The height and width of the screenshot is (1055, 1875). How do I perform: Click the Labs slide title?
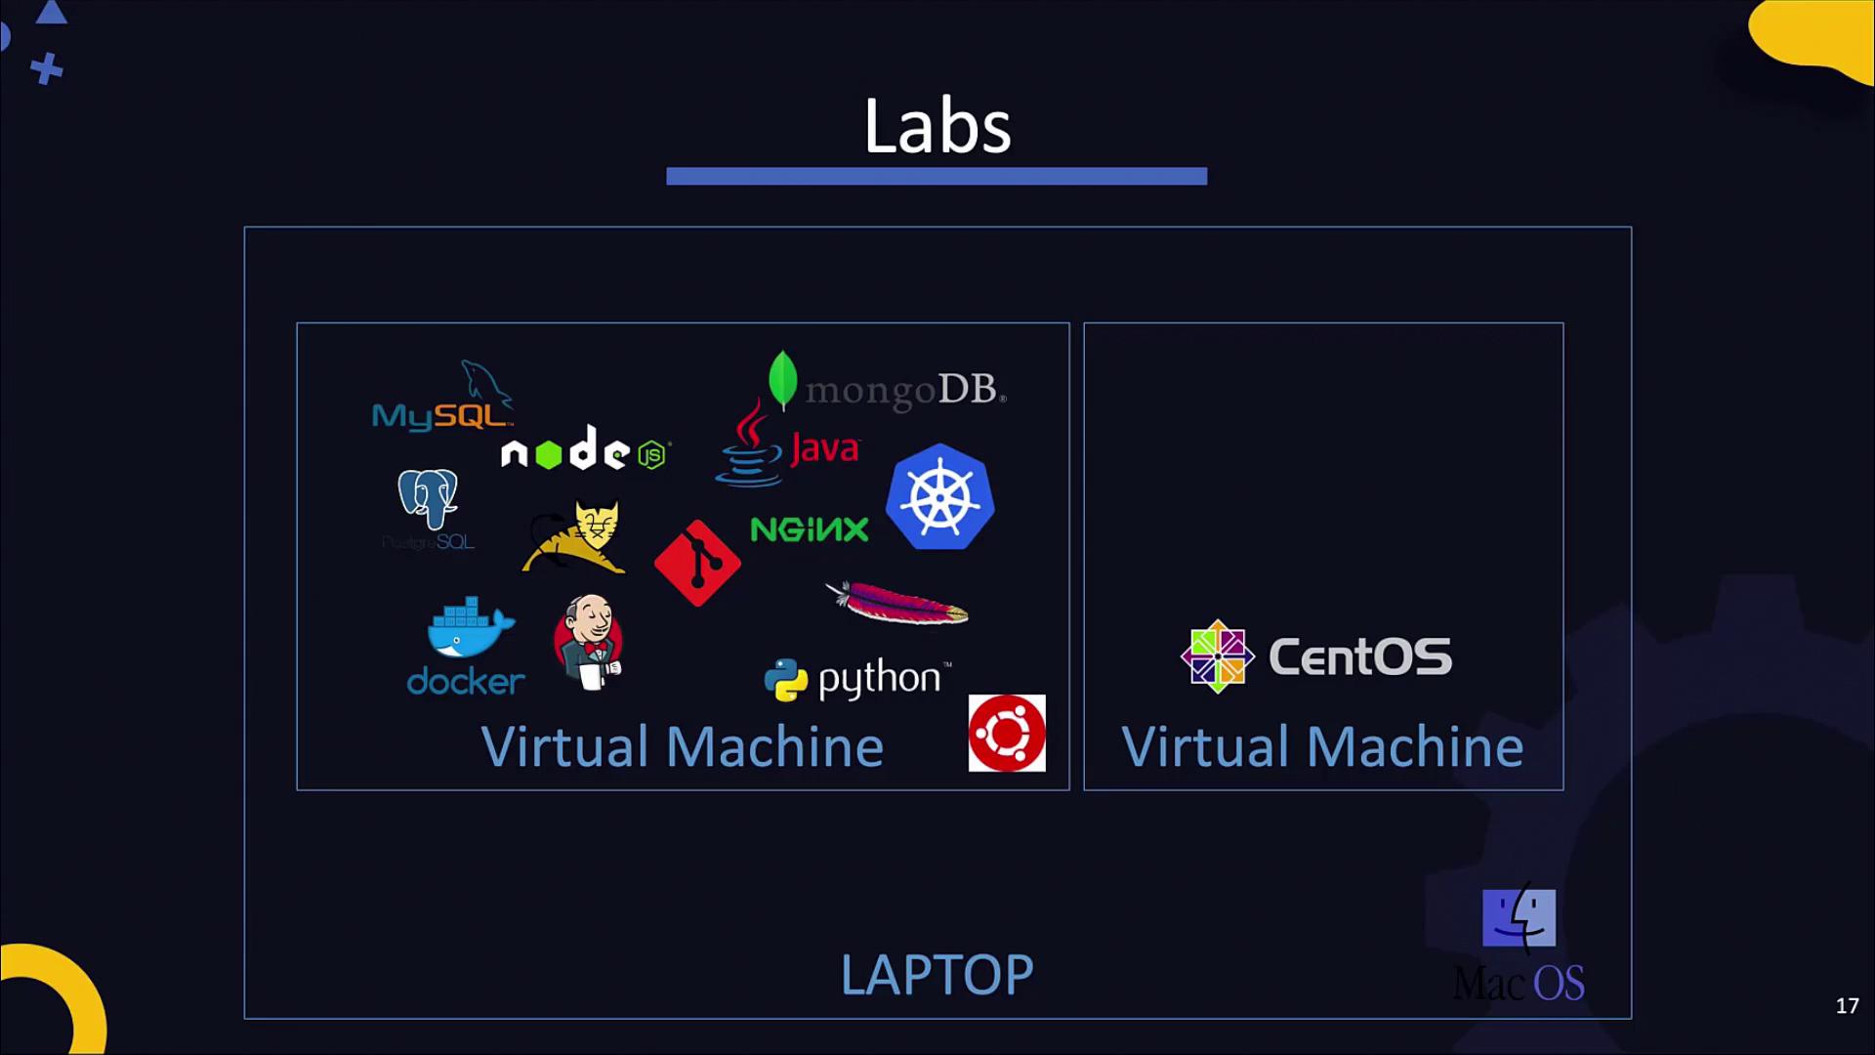tap(937, 127)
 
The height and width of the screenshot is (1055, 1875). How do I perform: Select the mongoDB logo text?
tap(904, 390)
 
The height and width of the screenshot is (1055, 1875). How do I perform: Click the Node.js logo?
tap(584, 450)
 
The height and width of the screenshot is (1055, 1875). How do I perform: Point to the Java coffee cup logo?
tap(750, 444)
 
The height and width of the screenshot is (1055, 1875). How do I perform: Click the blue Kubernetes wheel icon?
tap(939, 496)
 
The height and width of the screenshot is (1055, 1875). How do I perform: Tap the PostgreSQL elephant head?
tap(428, 497)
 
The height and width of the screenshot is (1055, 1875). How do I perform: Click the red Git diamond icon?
tap(697, 563)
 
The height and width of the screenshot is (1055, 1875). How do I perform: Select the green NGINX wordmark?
tap(809, 529)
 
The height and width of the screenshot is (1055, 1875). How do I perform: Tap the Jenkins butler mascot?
tap(588, 642)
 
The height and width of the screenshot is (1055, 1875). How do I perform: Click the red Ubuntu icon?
tap(1006, 733)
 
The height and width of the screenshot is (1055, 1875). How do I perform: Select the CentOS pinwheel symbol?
tap(1217, 656)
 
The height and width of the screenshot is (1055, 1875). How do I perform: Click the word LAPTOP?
tap(937, 975)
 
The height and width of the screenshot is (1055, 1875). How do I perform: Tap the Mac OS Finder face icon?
tap(1519, 917)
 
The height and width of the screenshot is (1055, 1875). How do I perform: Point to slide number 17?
tap(1847, 1005)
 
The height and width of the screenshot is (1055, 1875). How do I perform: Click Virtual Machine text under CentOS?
tap(1322, 747)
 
